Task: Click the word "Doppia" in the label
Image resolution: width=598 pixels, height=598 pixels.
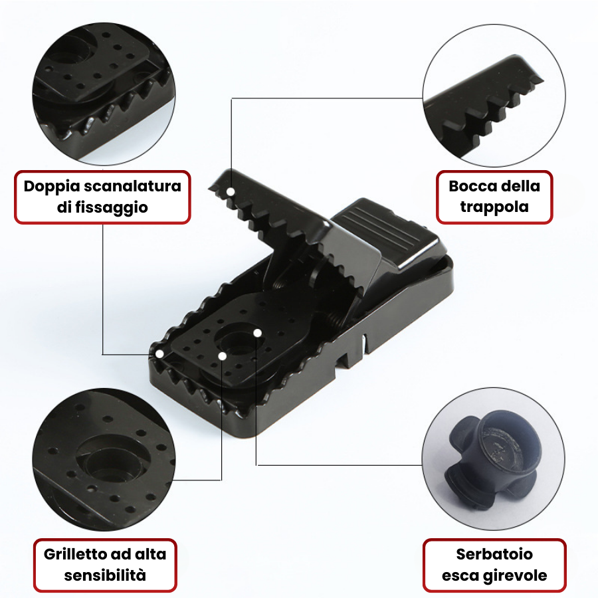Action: [51, 187]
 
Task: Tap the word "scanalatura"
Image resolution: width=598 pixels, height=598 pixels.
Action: [132, 186]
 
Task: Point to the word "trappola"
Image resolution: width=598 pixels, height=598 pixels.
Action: [494, 207]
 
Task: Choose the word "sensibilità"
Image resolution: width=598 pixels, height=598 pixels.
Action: [105, 575]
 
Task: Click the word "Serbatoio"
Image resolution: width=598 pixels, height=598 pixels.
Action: [494, 554]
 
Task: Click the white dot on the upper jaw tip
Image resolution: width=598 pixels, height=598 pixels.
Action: [231, 191]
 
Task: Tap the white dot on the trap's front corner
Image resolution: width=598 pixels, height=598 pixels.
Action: [159, 354]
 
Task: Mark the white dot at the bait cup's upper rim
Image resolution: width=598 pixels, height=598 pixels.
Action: [257, 333]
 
